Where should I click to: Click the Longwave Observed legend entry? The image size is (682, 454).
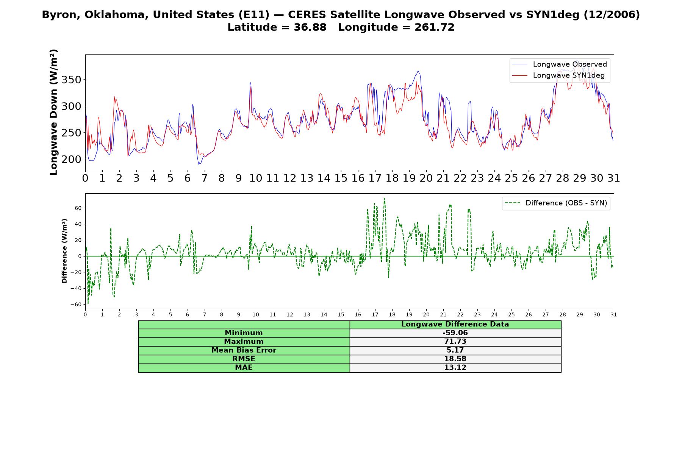(x=560, y=64)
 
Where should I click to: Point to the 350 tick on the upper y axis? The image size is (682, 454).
(x=72, y=80)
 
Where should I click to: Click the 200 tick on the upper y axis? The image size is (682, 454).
(x=72, y=159)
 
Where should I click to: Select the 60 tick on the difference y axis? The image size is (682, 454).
(x=78, y=208)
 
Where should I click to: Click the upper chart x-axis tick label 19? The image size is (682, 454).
(x=409, y=178)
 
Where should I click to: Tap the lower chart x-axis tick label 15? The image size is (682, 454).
(x=341, y=314)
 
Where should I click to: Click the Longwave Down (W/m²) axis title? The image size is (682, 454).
(x=54, y=112)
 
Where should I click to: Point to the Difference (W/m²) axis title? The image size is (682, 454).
(x=64, y=251)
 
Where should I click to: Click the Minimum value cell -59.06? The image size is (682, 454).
(x=455, y=333)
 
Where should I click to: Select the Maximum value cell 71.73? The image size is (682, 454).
(x=455, y=342)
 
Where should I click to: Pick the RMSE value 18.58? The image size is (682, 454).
(x=455, y=359)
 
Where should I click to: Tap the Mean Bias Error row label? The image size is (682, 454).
(x=244, y=350)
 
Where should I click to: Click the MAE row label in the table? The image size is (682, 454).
(x=244, y=368)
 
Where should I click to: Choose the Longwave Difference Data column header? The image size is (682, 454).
(x=455, y=324)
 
